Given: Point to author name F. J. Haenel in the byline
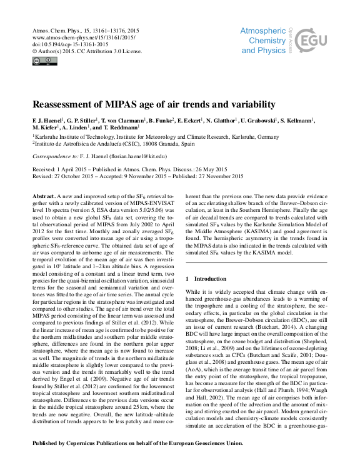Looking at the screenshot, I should click(47, 121).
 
